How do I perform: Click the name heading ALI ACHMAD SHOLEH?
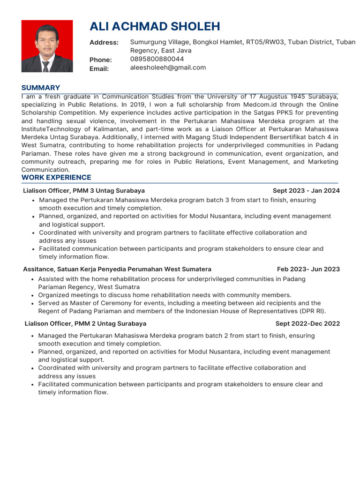point(154,26)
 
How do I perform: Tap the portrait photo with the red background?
point(47,46)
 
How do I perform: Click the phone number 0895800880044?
point(157,59)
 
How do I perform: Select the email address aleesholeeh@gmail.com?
point(168,67)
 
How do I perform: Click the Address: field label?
point(104,43)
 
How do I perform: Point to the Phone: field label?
point(101,60)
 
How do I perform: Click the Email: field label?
point(99,69)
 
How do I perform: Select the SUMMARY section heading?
point(41,88)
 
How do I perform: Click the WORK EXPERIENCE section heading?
point(56,177)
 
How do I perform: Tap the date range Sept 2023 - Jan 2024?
point(306,191)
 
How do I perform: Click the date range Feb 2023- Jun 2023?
point(308,269)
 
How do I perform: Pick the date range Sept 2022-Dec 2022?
point(307,323)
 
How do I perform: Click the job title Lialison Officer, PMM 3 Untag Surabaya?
point(84,191)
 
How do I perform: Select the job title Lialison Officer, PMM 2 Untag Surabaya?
point(85,323)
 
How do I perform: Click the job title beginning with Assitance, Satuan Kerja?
point(117,269)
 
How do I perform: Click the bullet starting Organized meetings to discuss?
point(165,295)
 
